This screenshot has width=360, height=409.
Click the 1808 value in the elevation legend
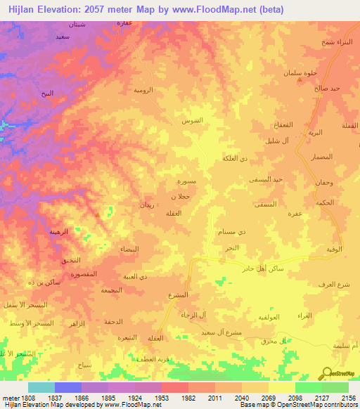point(21,398)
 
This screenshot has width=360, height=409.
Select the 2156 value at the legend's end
point(349,398)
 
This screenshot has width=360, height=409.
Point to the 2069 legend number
point(268,398)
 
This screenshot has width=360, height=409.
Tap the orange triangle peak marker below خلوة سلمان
point(301,79)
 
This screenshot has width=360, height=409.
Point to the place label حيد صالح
point(328,88)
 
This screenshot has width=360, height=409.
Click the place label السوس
point(193,120)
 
